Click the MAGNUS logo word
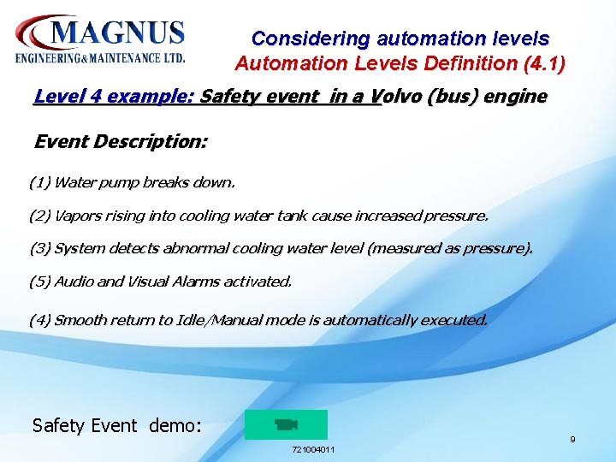tap(118, 34)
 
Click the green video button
tap(286, 424)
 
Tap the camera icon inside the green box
tap(286, 424)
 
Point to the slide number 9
tap(572, 440)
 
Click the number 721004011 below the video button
tap(313, 449)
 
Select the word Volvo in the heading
tap(406, 96)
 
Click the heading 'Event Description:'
tap(120, 141)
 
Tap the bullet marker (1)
tap(39, 182)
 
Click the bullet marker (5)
tap(39, 281)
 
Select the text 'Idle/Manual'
tap(216, 320)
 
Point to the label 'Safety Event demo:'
tap(116, 425)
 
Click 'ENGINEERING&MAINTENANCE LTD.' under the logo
tap(100, 58)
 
